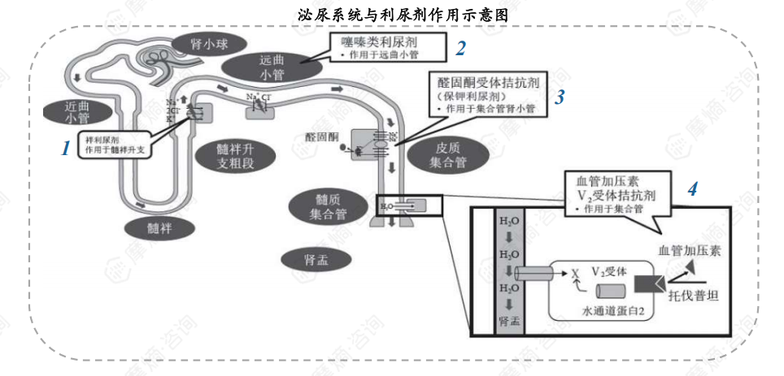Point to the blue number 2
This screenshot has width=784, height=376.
pos(460,49)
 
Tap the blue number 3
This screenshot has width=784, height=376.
pos(560,97)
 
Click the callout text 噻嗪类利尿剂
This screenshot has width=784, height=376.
pos(381,40)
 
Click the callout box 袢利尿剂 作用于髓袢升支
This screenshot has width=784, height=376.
pos(113,143)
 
